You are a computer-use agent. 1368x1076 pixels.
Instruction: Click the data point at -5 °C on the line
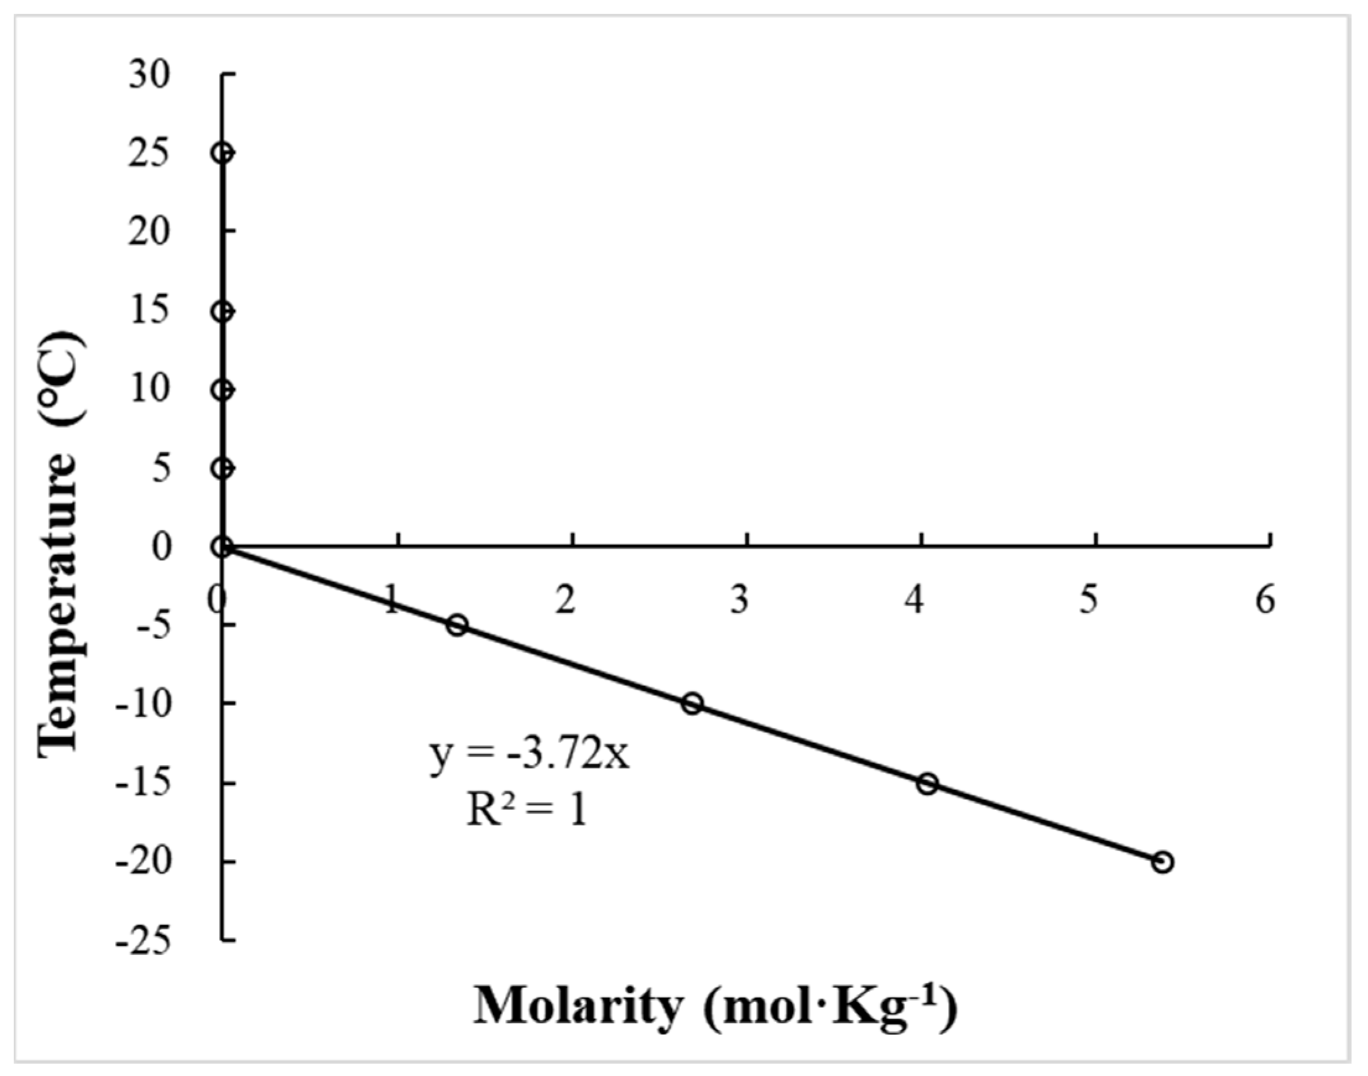458,626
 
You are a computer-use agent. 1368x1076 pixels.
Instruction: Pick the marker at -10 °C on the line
693,704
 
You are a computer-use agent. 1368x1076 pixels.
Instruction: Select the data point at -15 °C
927,784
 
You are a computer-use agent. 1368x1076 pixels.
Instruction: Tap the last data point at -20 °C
1163,862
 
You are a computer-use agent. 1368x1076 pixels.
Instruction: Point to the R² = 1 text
526,811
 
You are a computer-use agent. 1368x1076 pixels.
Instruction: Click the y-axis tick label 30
149,75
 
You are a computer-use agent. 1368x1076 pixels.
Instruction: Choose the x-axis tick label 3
740,599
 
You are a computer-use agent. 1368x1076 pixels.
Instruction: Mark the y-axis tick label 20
149,232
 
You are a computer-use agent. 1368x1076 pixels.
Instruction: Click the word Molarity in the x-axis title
578,1007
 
